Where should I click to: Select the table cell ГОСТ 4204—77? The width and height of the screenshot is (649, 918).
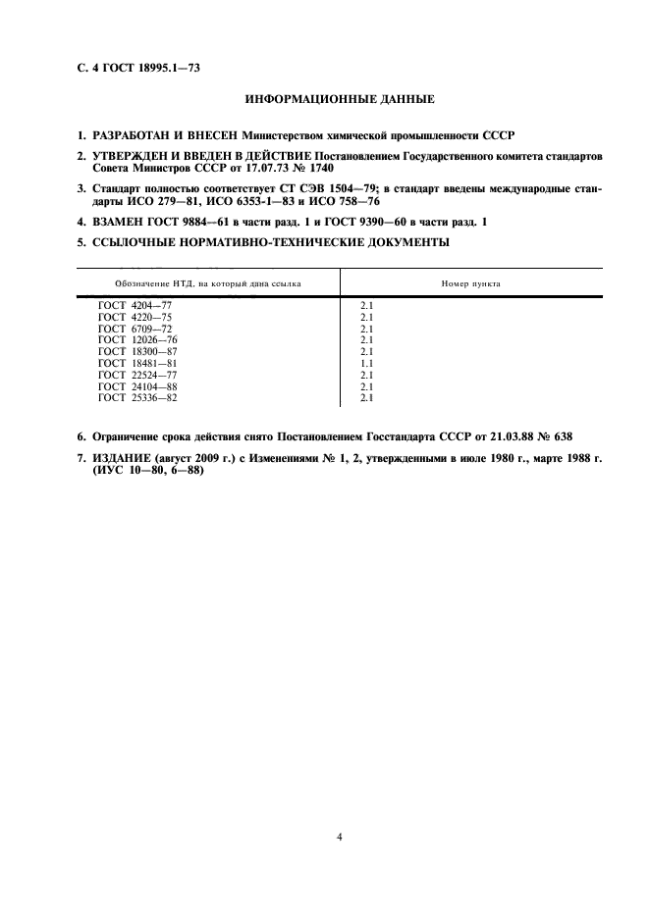135,306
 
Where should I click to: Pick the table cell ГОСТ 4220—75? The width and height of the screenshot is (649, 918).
135,318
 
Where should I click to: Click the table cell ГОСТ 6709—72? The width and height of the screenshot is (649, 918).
135,329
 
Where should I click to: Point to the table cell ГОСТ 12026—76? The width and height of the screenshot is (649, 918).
137,340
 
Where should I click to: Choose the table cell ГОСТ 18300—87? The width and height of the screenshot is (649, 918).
137,351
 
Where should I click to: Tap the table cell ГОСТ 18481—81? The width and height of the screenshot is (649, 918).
137,363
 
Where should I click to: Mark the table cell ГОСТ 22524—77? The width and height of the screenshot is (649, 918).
137,375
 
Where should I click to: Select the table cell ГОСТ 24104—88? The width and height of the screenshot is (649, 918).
137,386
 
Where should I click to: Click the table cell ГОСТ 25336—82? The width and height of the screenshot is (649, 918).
137,397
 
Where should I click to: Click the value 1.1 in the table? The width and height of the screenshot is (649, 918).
366,363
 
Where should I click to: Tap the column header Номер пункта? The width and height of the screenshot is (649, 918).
471,282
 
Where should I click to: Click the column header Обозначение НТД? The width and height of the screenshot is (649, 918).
196,282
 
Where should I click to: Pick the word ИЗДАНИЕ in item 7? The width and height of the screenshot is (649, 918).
123,459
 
